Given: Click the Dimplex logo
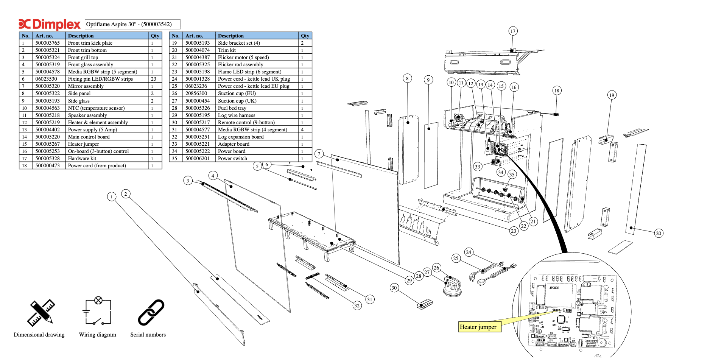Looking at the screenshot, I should click(x=50, y=24).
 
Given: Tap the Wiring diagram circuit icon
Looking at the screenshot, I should click(x=98, y=311).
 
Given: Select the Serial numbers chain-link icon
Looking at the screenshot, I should click(x=151, y=312).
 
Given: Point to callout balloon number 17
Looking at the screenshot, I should click(x=513, y=31).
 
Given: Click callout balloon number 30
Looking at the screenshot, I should click(x=394, y=288).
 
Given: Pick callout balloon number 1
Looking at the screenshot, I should click(x=111, y=197).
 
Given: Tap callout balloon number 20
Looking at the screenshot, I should click(x=659, y=233).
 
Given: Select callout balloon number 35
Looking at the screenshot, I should click(x=512, y=175).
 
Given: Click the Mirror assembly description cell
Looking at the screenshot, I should click(x=107, y=86).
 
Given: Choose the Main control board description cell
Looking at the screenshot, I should click(x=107, y=137).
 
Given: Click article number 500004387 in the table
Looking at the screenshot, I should click(x=198, y=58).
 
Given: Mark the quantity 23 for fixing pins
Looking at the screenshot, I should click(x=154, y=79).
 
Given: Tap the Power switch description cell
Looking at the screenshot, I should click(x=257, y=159).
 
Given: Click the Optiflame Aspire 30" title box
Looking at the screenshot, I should click(x=132, y=24).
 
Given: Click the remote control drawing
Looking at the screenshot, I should click(x=425, y=304).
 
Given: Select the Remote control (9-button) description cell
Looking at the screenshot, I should click(x=257, y=123).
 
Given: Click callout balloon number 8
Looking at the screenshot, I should click(x=407, y=78).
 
